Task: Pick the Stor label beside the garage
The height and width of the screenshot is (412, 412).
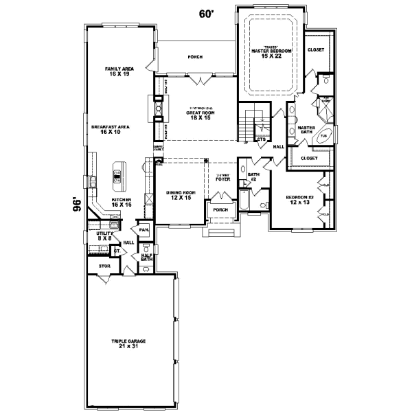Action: coord(104,264)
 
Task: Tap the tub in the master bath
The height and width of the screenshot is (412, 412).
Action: coord(324,136)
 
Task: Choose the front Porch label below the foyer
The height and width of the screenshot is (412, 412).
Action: coord(220,209)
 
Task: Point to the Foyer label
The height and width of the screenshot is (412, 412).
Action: coord(221,179)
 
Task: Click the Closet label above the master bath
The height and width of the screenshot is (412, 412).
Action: coord(315,49)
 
